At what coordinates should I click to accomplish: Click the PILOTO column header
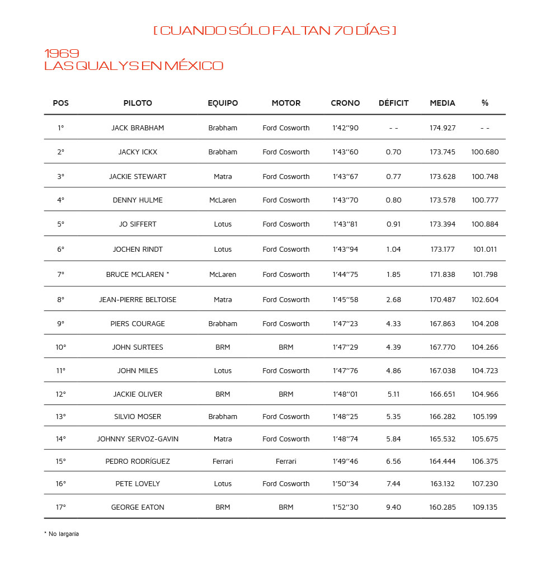(x=138, y=103)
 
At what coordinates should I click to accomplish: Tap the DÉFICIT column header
(x=393, y=103)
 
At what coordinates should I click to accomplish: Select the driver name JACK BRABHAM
(x=138, y=128)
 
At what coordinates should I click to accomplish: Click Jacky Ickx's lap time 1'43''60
(x=345, y=152)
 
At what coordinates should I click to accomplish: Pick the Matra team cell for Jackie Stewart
(x=223, y=177)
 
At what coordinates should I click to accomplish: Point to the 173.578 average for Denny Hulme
(x=443, y=200)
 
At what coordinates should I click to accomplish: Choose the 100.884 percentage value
(x=485, y=224)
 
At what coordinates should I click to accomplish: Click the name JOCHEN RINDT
(x=138, y=250)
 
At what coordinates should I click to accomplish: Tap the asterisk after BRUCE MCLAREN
(x=168, y=274)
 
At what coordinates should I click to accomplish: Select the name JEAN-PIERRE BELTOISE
(x=138, y=300)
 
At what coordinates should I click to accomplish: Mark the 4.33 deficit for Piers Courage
(x=393, y=324)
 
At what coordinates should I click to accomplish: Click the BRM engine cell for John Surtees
(x=286, y=347)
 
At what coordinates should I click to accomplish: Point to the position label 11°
(x=60, y=371)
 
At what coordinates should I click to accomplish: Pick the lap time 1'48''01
(x=345, y=394)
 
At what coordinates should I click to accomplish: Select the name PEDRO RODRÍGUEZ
(x=138, y=462)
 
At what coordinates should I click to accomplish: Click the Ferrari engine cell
(x=286, y=462)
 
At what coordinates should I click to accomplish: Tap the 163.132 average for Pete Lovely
(x=443, y=484)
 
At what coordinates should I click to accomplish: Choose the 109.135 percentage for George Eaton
(x=485, y=507)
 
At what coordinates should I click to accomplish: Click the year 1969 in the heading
(x=62, y=54)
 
